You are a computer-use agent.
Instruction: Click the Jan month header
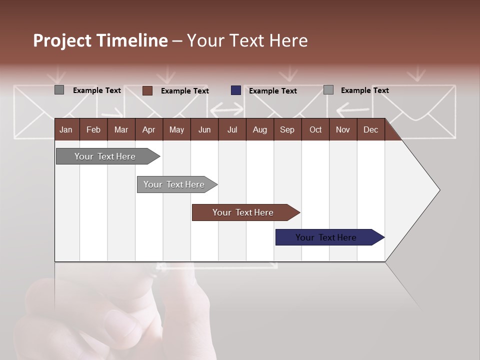(66, 129)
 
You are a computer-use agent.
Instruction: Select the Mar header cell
(121, 129)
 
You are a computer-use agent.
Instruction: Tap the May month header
(176, 129)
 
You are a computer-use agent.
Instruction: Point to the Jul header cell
(232, 129)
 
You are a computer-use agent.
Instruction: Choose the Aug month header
(259, 129)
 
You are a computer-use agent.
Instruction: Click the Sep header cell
(287, 129)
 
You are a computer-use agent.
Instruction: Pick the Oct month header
(315, 129)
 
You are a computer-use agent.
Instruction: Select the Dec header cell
(370, 129)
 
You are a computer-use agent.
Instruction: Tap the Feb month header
(93, 129)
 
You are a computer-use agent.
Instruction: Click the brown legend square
(147, 90)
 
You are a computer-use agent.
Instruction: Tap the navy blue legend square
(236, 90)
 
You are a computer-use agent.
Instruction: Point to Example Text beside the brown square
(185, 91)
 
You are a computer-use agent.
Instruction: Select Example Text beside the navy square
(273, 91)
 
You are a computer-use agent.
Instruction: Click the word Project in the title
(62, 40)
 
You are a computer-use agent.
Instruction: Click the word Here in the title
(288, 40)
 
